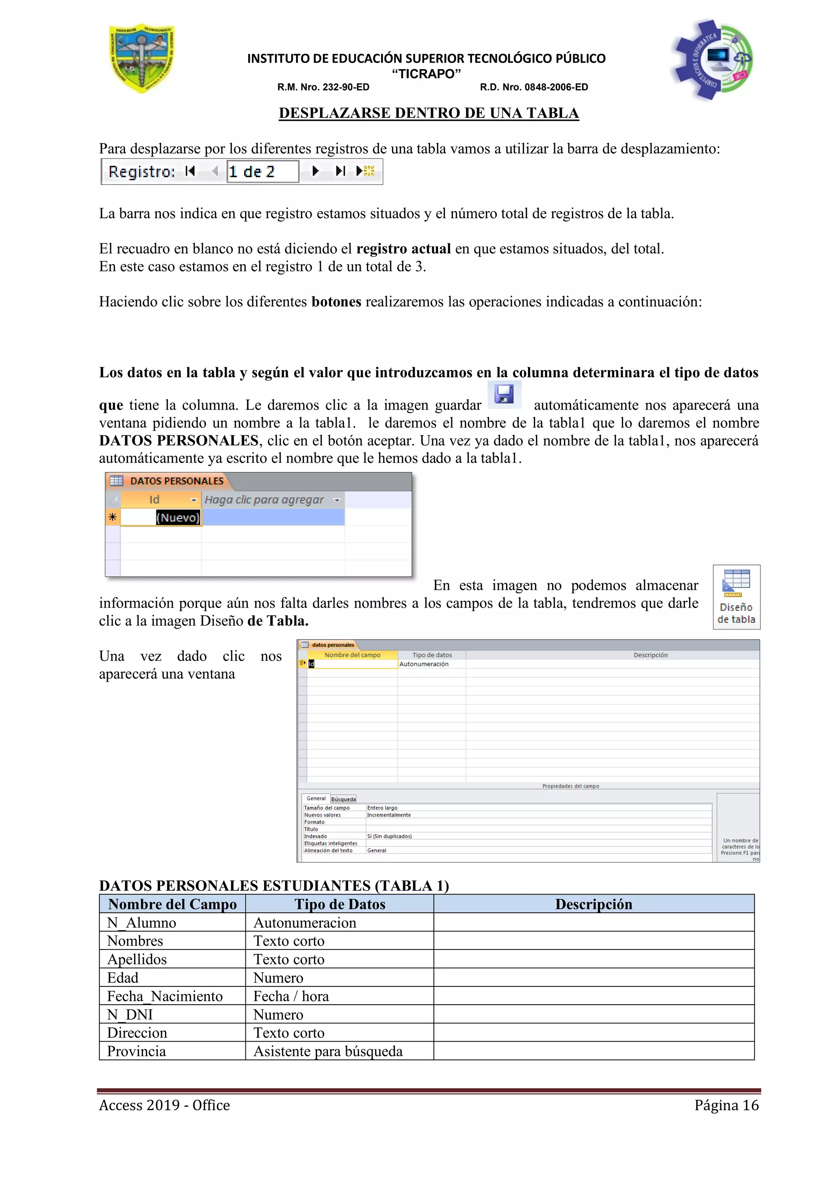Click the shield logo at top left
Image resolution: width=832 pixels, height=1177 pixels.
142,58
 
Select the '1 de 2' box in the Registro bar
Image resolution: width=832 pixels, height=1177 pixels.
262,172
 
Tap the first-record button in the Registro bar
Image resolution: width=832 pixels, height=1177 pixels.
190,171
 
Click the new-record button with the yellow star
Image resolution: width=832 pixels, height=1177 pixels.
366,171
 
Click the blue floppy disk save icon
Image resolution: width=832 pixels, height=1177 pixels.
504,394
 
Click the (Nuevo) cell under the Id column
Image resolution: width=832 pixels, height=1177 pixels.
177,517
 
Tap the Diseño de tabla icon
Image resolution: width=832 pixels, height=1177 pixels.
736,597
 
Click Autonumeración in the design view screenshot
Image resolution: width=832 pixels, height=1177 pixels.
424,664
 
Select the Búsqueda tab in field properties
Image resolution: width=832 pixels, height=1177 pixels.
343,799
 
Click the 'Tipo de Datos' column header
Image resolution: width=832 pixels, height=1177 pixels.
340,904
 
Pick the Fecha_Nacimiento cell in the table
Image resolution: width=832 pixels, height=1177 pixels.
165,996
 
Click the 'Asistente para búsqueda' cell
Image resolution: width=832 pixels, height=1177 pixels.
328,1051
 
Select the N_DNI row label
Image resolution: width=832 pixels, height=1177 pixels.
130,1014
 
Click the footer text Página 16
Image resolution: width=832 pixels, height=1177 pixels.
726,1105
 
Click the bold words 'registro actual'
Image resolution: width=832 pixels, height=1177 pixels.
403,249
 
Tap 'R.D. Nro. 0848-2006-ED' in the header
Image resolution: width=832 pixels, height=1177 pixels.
533,87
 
